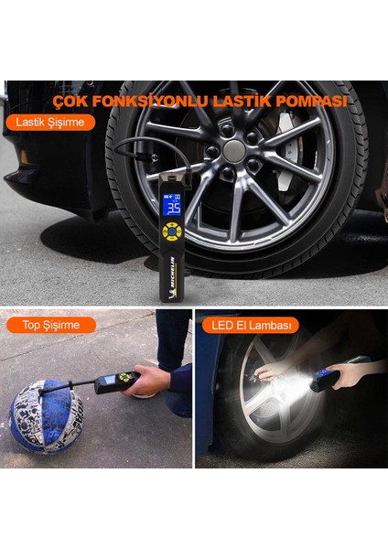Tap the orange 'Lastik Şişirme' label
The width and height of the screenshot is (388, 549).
[50, 122]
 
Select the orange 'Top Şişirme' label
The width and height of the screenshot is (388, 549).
[50, 325]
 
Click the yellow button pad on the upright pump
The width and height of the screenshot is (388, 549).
[171, 231]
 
